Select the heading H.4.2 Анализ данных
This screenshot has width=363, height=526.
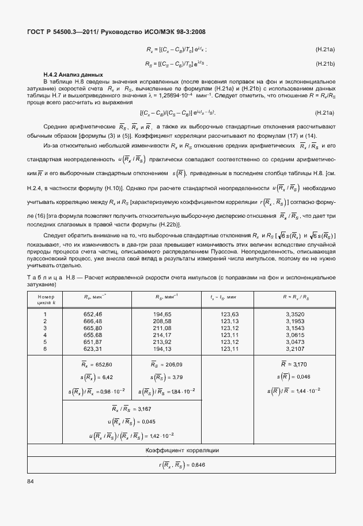click(73, 75)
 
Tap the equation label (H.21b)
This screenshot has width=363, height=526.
click(325, 63)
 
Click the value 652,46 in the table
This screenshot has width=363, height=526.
click(92, 313)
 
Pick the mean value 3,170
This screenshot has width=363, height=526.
click(300, 365)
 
